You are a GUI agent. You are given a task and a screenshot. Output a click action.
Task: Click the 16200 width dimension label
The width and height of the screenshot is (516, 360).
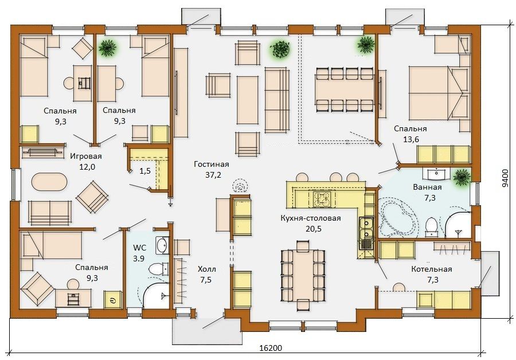[x=271, y=348]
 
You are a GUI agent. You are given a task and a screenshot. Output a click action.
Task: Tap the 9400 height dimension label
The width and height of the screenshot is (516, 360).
[x=505, y=178]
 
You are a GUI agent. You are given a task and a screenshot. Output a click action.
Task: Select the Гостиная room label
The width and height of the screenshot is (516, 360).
[x=211, y=164]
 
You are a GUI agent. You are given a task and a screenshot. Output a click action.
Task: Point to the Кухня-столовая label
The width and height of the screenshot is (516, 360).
[x=311, y=218]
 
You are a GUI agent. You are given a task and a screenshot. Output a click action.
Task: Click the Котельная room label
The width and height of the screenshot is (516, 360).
[x=431, y=269]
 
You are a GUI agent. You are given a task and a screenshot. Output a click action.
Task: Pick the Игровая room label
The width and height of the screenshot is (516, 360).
[x=86, y=156]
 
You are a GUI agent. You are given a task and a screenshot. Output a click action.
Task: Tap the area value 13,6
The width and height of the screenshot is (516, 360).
[x=411, y=139]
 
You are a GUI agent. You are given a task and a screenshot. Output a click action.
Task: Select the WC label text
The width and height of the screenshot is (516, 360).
[x=139, y=248]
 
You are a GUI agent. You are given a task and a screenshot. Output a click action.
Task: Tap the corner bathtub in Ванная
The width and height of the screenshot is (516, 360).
[x=398, y=217]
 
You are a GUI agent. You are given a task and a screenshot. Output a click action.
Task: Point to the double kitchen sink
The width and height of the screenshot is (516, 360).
[x=366, y=229]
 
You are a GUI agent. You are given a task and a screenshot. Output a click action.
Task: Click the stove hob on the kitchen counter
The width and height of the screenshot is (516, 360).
[x=320, y=199]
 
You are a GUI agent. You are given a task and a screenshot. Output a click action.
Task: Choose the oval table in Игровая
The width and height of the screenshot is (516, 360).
[x=49, y=181]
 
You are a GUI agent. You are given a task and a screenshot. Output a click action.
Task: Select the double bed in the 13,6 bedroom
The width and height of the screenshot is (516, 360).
[x=439, y=93]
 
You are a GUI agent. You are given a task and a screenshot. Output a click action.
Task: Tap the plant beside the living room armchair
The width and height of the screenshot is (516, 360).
[x=280, y=50]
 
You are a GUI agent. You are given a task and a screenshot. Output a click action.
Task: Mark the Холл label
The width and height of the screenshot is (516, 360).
[x=206, y=269]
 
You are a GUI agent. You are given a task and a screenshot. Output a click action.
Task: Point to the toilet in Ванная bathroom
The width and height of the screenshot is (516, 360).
[x=431, y=227]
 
